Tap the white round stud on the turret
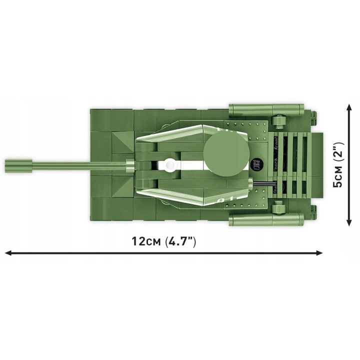point(170,164)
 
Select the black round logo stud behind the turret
point(257,164)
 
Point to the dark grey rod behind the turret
point(264,183)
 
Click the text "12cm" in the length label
point(146,241)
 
